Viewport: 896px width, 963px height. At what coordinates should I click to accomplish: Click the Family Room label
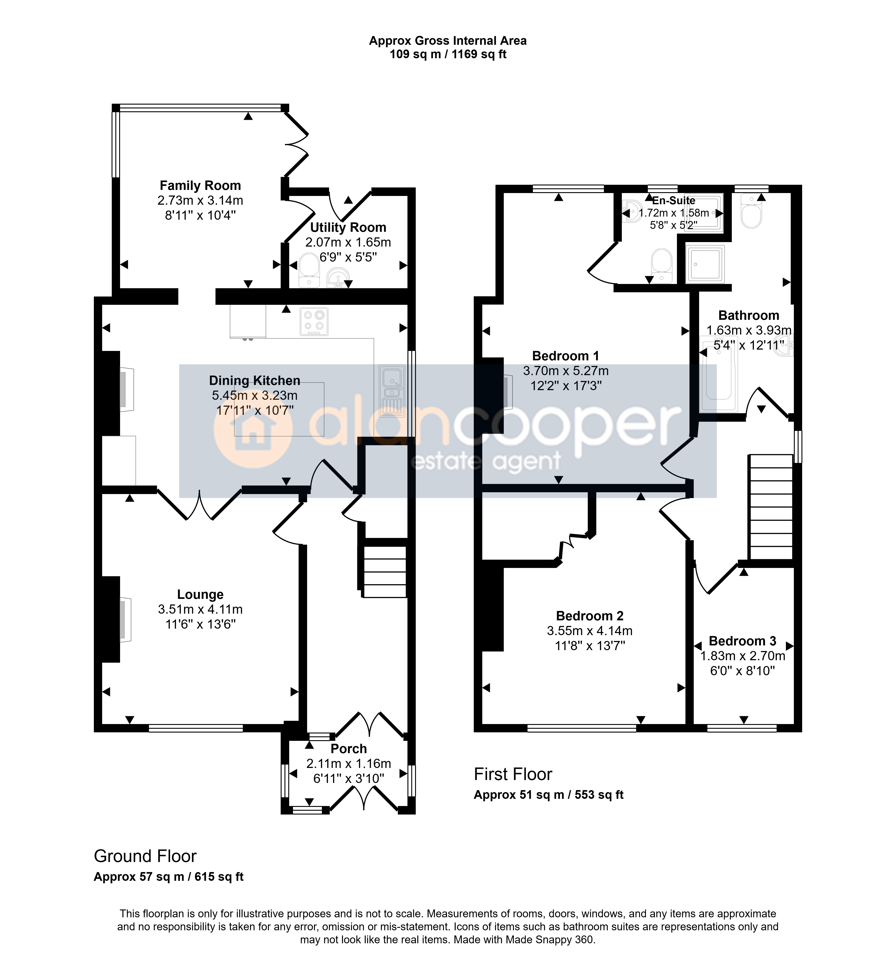pos(200,185)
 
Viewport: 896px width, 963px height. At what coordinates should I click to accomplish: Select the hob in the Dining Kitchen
pos(314,322)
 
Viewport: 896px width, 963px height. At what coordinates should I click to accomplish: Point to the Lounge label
pos(200,594)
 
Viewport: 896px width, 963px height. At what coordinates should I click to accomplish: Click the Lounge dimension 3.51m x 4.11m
pos(200,609)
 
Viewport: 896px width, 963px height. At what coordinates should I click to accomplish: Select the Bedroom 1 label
pos(566,356)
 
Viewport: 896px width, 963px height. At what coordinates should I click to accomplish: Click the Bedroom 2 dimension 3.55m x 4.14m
pos(590,631)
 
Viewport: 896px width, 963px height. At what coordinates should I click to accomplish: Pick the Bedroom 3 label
pos(742,641)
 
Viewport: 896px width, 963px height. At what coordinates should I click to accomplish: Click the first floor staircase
pos(771,507)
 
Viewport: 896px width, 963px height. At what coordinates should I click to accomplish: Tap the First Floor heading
pos(513,774)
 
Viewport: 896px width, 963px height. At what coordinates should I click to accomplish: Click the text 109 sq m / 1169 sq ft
pos(448,54)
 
